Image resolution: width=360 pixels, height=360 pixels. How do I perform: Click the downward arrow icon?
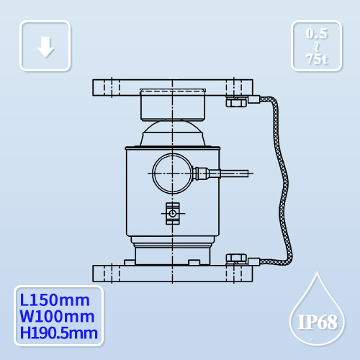[x=45, y=47]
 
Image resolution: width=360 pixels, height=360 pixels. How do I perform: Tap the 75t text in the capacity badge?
[x=317, y=60]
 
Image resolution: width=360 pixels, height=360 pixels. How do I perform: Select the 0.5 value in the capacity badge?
[x=317, y=34]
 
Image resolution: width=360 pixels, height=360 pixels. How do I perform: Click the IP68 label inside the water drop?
[x=317, y=321]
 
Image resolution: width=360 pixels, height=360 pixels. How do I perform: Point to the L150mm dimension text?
[x=56, y=299]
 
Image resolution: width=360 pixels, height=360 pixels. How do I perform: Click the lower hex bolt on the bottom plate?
[x=235, y=258]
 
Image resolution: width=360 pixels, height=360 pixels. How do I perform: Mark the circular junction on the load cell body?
[x=171, y=172]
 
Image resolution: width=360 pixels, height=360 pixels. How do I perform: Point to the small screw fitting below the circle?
[x=171, y=212]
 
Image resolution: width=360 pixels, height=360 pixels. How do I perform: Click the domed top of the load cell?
[x=172, y=135]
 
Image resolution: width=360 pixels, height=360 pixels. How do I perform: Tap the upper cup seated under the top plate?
[x=173, y=104]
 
